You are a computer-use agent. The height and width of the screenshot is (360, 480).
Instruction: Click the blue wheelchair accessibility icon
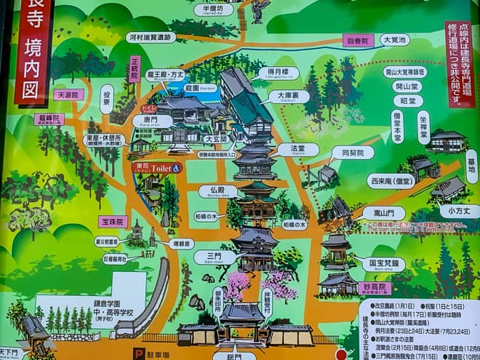177,167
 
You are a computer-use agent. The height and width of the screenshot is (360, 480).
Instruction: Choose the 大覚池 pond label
396,41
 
